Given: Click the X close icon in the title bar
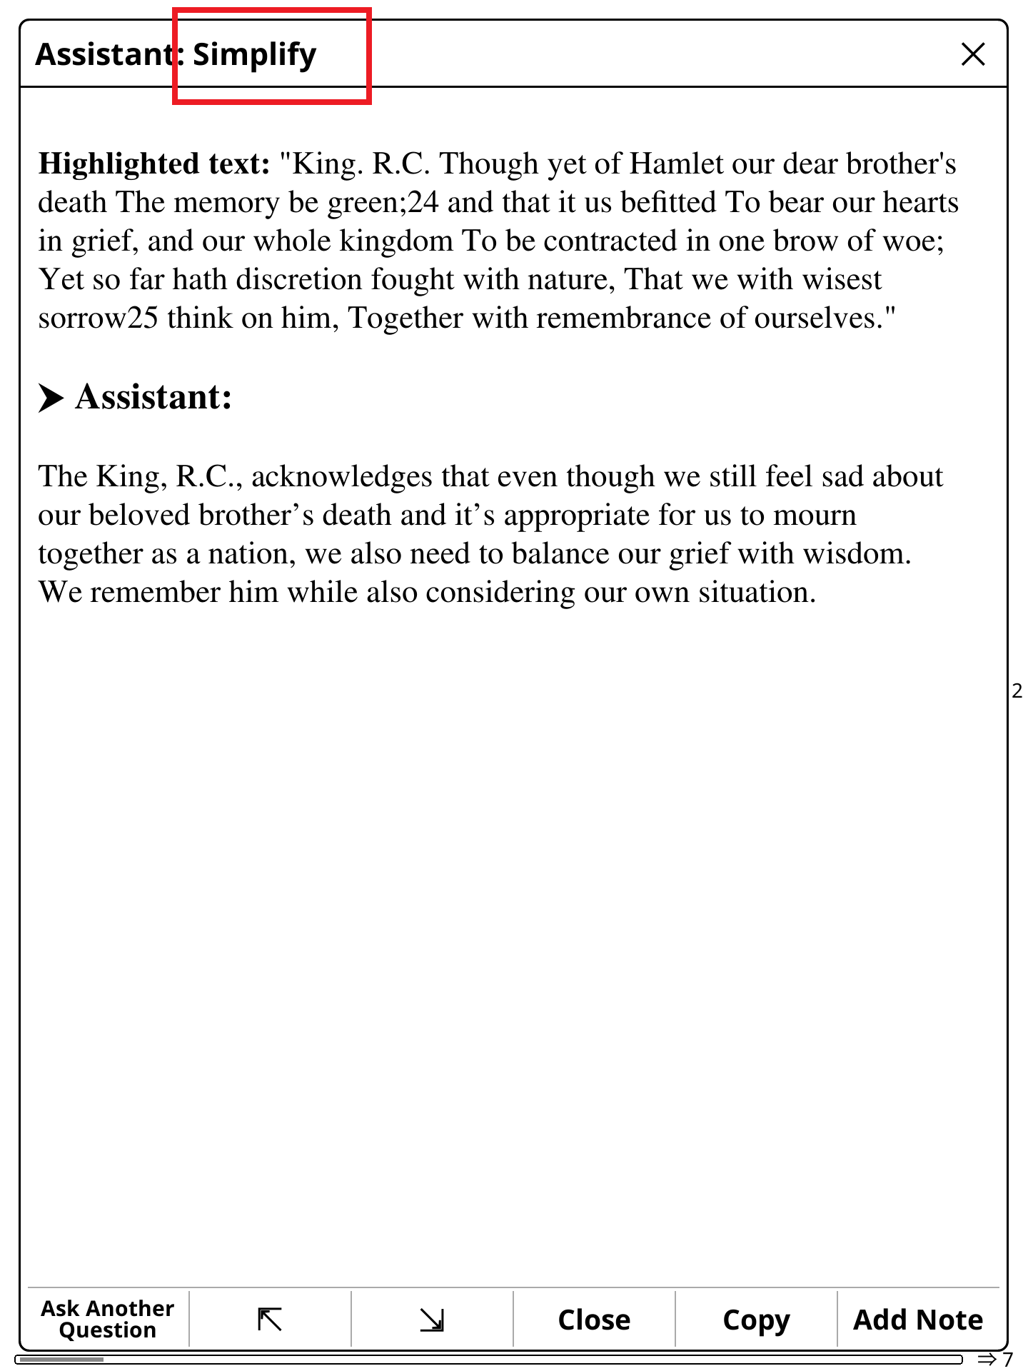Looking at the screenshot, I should click(973, 54).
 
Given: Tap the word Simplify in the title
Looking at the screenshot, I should click(254, 54).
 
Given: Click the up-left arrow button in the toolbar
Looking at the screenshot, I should click(270, 1319).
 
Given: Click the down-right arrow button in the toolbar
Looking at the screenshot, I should click(432, 1319).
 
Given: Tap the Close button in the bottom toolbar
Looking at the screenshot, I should click(594, 1320).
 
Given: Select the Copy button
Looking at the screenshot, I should click(756, 1320).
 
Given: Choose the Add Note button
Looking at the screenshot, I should click(918, 1320).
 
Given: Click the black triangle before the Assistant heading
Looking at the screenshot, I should click(51, 398).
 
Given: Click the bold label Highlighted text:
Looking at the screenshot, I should click(154, 164).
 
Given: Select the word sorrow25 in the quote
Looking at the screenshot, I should click(98, 318).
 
